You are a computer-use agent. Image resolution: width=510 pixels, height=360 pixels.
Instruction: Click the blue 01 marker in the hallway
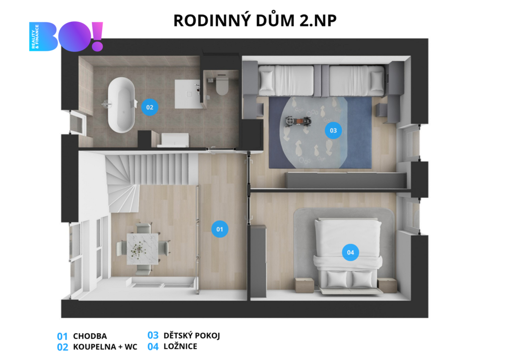[x=220, y=229]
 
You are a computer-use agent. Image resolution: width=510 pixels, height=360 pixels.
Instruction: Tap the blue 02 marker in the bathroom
[x=149, y=107]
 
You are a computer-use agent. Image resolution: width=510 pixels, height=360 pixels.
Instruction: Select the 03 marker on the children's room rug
[x=333, y=130]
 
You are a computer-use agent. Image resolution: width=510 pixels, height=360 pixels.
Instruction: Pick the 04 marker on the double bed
[x=350, y=252]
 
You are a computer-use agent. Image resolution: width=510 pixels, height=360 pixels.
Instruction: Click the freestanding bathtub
[x=121, y=105]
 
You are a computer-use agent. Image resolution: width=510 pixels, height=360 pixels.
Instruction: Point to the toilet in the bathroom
[x=222, y=85]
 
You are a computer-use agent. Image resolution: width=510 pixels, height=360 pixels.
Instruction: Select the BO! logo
[x=66, y=36]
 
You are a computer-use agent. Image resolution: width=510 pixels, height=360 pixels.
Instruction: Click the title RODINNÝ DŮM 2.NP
[x=255, y=20]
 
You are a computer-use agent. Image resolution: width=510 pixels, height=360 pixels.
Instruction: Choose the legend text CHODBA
[x=90, y=336]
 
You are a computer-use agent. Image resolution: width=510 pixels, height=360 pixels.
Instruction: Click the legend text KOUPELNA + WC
[x=105, y=347]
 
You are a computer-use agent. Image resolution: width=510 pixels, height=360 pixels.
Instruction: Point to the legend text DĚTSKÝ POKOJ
[x=192, y=335]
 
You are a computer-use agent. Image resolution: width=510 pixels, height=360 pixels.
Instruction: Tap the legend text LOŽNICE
[x=180, y=347]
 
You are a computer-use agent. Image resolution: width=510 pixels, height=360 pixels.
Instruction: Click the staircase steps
[x=146, y=176]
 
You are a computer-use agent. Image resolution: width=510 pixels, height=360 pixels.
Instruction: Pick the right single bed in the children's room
[x=357, y=81]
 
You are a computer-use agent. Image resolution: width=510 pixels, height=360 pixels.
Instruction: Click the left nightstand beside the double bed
[x=304, y=285]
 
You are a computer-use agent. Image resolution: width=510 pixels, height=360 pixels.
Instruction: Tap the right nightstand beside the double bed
[x=387, y=285]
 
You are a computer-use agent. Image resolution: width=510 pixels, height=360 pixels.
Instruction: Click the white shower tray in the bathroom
[x=187, y=94]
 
